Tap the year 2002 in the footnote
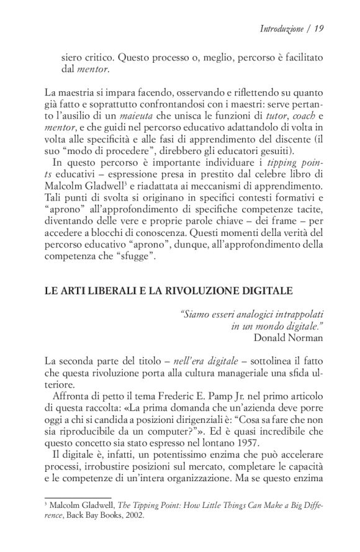coord(133,514)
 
